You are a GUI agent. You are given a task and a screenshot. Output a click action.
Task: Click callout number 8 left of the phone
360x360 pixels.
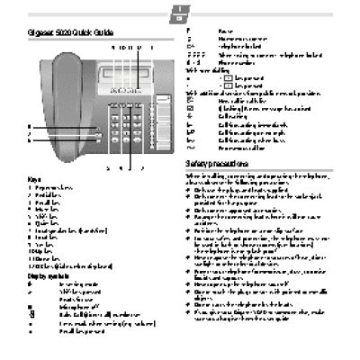pos(29,127)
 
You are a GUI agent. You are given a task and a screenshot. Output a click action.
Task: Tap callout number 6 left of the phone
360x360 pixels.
pos(29,142)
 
